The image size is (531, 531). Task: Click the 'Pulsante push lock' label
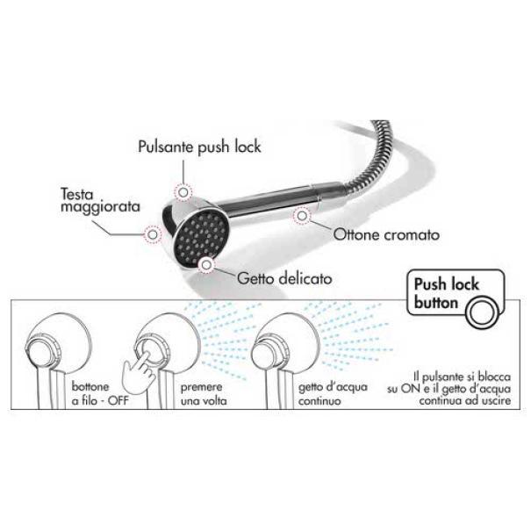tap(199, 147)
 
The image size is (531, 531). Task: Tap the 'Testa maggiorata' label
tap(100, 200)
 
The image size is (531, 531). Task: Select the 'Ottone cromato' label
tap(386, 234)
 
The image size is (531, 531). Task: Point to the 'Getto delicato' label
tap(284, 279)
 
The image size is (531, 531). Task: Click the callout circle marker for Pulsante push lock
tap(183, 192)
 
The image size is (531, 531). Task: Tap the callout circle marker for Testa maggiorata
tap(153, 234)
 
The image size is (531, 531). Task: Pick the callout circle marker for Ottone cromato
tap(302, 215)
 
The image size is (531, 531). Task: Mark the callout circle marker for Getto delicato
tap(206, 264)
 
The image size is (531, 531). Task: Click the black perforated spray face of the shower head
tap(201, 236)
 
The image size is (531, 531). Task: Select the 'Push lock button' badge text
tap(446, 293)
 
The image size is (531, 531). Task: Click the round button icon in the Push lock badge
tap(482, 312)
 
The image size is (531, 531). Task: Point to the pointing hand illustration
tap(139, 372)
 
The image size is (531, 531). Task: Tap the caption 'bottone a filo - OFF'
tap(100, 394)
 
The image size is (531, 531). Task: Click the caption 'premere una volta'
tap(204, 394)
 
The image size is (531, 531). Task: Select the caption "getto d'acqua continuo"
tap(333, 394)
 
